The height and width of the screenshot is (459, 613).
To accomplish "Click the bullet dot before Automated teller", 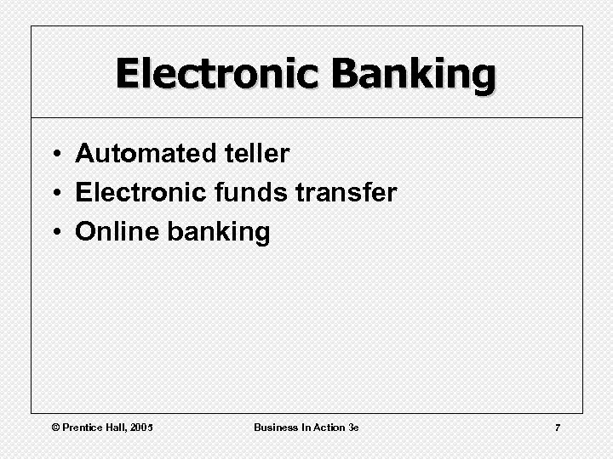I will tap(54, 155).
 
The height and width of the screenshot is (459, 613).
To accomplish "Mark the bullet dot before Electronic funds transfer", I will tap(54, 194).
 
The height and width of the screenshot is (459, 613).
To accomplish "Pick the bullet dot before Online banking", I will tap(54, 233).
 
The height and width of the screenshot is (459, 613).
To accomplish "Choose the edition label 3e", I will tap(353, 427).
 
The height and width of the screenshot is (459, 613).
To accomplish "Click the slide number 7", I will tap(558, 427).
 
